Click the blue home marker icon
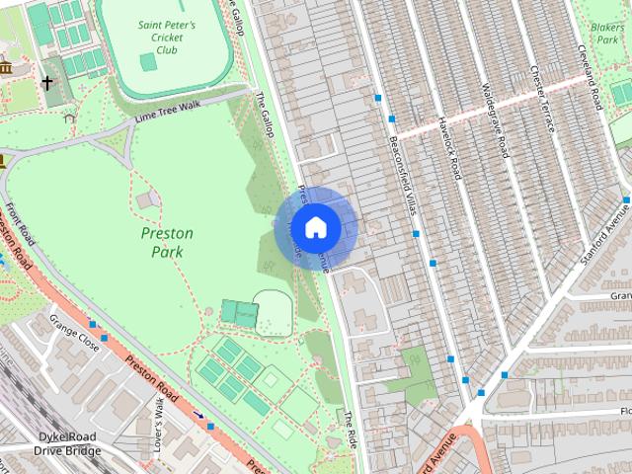pos(315,228)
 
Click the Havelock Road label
pos(451,148)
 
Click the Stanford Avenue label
pos(603,229)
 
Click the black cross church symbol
pos(47,84)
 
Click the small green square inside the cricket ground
pos(148,62)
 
